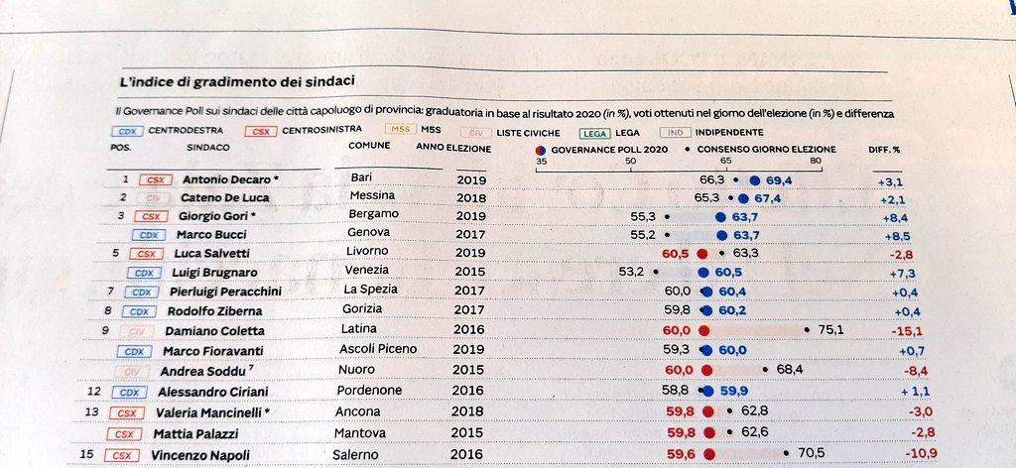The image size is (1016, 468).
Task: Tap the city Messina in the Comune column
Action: pyautogui.click(x=372, y=196)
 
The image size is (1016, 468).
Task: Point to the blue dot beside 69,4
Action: pyautogui.click(x=755, y=180)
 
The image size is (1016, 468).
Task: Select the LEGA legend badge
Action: pyautogui.click(x=594, y=133)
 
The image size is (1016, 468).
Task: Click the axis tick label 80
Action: pyautogui.click(x=816, y=161)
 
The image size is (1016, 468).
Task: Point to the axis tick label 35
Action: pyautogui.click(x=541, y=161)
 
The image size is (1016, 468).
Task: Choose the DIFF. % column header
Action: pyautogui.click(x=883, y=149)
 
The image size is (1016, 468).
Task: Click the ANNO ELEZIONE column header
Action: pyautogui.click(x=453, y=148)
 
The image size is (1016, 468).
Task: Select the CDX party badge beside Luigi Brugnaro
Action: pyautogui.click(x=144, y=273)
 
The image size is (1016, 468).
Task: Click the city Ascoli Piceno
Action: pyautogui.click(x=378, y=349)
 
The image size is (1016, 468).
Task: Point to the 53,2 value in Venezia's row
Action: pyautogui.click(x=632, y=271)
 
